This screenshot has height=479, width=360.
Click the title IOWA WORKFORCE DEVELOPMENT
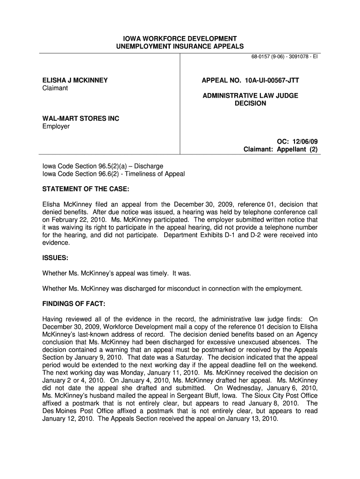pos(180,38)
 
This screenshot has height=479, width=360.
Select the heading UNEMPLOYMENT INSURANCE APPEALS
pos(180,46)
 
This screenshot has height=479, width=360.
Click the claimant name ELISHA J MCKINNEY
pos(75,80)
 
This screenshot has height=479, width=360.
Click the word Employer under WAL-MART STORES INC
pos(56,126)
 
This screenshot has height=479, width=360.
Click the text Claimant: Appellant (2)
pos(281,149)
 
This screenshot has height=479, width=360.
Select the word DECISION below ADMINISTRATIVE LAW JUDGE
pos(250,103)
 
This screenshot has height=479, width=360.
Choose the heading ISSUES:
pos(55,258)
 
